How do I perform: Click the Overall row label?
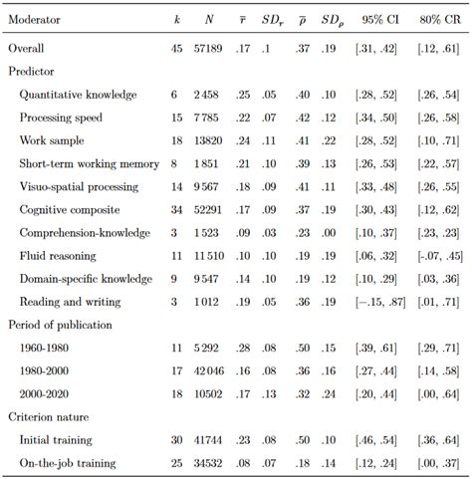[28, 48]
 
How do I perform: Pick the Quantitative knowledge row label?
[78, 95]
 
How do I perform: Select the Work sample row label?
[52, 140]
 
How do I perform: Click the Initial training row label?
[56, 439]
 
